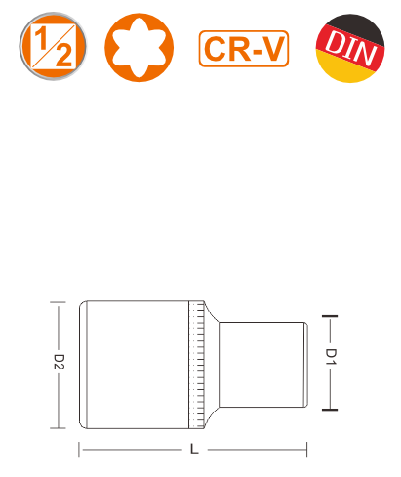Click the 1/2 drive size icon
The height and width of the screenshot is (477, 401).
(53, 46)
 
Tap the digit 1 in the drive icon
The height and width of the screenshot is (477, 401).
(41, 38)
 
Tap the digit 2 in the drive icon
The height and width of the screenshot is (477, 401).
(64, 55)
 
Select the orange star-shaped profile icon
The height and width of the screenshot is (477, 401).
(139, 48)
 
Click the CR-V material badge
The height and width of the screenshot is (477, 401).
(244, 49)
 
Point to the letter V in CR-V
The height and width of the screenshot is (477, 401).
(273, 49)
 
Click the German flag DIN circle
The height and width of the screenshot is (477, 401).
(350, 48)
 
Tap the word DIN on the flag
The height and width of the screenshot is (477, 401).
(350, 48)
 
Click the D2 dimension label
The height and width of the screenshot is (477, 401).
(59, 362)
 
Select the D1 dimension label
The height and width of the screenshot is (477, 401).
(331, 357)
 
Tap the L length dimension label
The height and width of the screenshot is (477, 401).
(194, 449)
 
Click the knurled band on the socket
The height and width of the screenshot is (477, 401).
(197, 365)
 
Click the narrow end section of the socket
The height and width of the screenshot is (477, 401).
(262, 365)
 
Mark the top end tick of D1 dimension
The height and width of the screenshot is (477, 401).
(330, 316)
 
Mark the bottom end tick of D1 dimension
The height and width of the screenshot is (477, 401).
(330, 410)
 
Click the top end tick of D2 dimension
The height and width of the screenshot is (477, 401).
(58, 302)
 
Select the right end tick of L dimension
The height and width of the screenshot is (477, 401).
(306, 450)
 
